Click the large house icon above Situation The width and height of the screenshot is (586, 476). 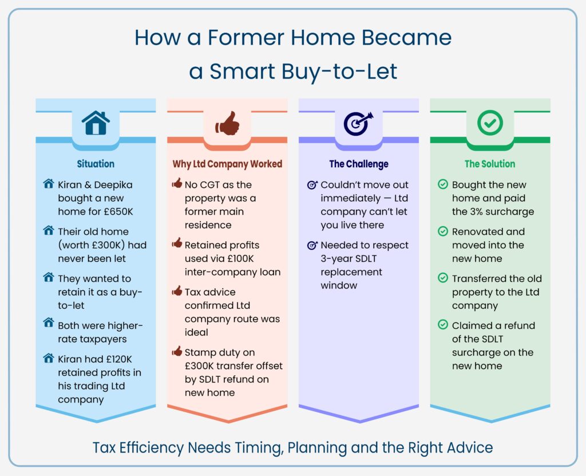pyautogui.click(x=96, y=123)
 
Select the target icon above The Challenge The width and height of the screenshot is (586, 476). pyautogui.click(x=358, y=123)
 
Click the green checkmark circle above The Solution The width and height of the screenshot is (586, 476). pyautogui.click(x=490, y=122)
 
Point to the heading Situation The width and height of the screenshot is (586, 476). pyautogui.click(x=96, y=164)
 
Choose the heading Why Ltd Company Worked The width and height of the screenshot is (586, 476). pyautogui.click(x=227, y=164)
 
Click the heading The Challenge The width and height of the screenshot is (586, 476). pyautogui.click(x=358, y=164)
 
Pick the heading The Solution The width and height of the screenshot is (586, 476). pyautogui.click(x=490, y=164)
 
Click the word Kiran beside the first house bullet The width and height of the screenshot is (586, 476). pyautogui.click(x=72, y=185)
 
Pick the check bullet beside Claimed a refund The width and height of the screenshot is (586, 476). pyautogui.click(x=442, y=325)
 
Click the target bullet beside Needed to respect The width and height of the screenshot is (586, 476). pyautogui.click(x=312, y=245)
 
